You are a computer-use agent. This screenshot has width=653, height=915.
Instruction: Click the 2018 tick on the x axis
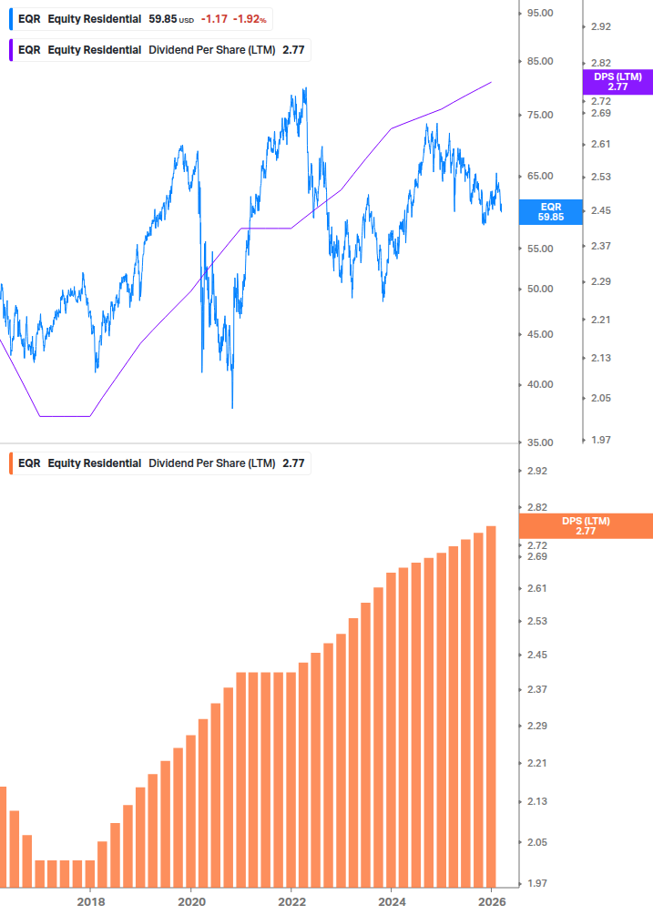pos(90,901)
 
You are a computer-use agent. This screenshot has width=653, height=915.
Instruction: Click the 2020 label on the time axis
pos(190,901)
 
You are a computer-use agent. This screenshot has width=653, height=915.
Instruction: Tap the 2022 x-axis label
pos(291,901)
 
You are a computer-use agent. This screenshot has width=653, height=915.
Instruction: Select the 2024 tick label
pos(391,901)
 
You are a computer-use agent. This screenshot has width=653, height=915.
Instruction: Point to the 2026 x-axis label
pos(491,901)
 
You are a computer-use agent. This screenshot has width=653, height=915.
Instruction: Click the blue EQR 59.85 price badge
pos(550,212)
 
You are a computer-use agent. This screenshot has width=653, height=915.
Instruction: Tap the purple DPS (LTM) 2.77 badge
pos(617,82)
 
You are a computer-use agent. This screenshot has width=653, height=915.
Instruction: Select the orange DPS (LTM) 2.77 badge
pos(585,526)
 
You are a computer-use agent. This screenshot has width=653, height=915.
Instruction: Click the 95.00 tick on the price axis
pos(540,13)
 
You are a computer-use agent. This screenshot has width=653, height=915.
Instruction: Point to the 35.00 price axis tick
pos(540,442)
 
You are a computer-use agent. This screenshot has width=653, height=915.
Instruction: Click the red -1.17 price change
pos(214,19)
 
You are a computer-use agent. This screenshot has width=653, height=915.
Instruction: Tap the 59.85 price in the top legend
pos(164,19)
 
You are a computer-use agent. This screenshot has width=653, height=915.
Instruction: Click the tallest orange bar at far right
pos(491,706)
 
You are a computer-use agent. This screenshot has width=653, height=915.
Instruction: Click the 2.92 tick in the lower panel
pos(537,471)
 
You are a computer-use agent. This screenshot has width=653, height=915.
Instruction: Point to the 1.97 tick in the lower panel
pos(537,883)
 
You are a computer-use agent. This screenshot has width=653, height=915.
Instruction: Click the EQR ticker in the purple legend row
pos(29,50)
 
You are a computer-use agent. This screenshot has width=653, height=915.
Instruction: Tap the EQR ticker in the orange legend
pos(29,463)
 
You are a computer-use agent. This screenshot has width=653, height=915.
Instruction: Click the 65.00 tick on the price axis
pos(540,176)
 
